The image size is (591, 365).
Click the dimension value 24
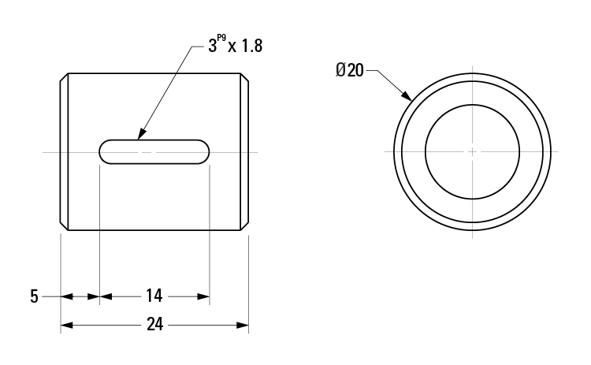pos(154,324)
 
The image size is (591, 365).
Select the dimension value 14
pos(154,296)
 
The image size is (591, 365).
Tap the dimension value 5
pos(35,296)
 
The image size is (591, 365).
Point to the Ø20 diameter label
pos(350,70)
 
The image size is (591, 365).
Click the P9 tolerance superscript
pos(221,38)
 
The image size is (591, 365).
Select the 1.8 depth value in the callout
pos(251,46)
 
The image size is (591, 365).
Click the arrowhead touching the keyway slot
pos(142,134)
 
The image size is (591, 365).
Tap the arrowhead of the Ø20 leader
pos(407,95)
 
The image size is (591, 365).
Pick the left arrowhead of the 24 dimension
pos(66,325)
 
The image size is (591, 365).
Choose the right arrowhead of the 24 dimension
pos(243,325)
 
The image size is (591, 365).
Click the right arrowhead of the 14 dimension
pos(203,296)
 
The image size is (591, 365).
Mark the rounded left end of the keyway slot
pos(105,152)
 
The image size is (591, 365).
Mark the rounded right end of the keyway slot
pos(203,152)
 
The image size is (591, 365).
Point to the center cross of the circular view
pos(472,152)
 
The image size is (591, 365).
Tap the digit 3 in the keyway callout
pos(213,47)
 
